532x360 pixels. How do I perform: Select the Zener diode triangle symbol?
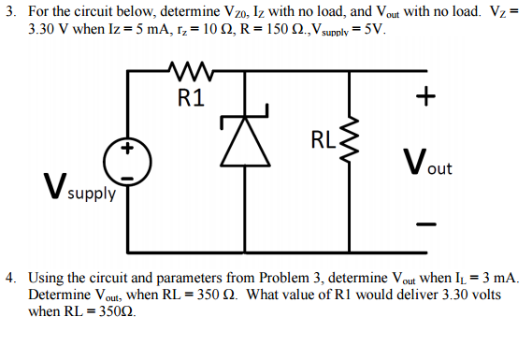click(x=242, y=146)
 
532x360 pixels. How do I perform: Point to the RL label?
click(x=321, y=142)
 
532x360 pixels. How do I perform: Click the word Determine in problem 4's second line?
click(x=60, y=295)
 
